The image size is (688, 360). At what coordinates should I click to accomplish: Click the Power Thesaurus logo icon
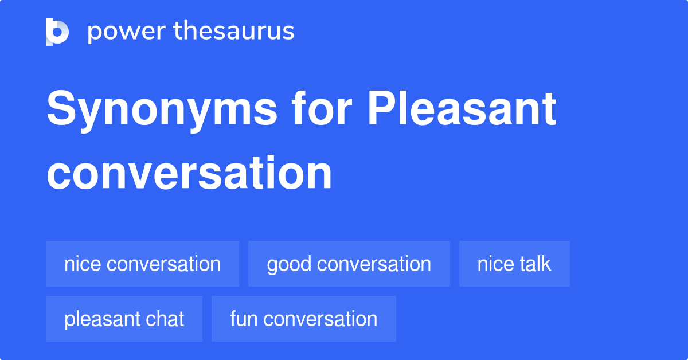pos(57,32)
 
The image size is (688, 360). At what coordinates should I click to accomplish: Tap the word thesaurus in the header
pos(234,32)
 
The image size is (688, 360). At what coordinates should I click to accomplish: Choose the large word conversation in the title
pos(189,173)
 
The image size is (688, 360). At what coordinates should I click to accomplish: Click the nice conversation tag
pos(142,264)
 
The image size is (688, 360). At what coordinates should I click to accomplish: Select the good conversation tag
pos(349,264)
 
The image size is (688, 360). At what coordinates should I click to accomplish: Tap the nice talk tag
pos(514,264)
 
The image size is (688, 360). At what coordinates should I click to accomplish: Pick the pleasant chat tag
pos(124,319)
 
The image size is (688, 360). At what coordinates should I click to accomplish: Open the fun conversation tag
pos(303,319)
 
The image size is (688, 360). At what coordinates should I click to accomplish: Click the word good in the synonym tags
pos(289,264)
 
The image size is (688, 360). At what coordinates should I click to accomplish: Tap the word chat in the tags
pos(166,319)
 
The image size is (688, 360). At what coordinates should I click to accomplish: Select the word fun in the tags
pos(243,319)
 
